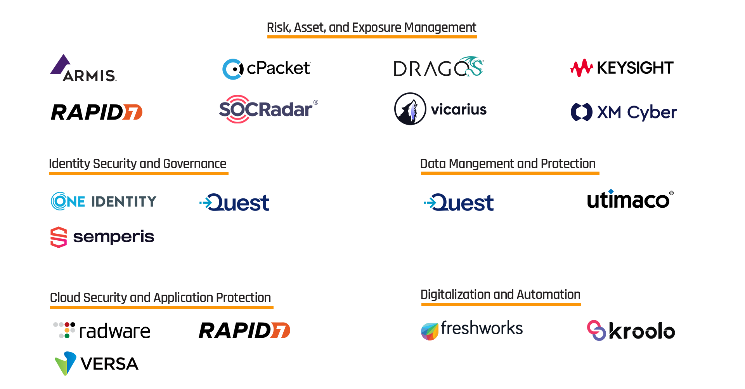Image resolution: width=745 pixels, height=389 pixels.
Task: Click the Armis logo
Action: [83, 69]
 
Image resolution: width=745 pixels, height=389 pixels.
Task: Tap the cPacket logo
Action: [267, 69]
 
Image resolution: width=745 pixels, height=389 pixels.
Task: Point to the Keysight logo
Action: [622, 68]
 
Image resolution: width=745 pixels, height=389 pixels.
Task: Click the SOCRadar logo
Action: [268, 109]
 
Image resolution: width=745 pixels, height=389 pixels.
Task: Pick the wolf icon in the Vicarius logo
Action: [410, 109]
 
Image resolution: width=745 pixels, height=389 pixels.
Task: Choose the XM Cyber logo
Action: [624, 112]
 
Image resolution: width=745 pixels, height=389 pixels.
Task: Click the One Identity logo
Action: [104, 201]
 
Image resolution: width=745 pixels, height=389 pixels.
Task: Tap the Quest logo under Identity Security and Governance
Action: [234, 202]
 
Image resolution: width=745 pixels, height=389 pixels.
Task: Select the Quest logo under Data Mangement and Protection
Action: [459, 202]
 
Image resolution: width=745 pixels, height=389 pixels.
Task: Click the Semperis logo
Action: [102, 237]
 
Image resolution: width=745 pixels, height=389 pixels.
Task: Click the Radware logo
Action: [102, 331]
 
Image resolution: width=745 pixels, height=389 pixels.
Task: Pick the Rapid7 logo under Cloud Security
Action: [244, 330]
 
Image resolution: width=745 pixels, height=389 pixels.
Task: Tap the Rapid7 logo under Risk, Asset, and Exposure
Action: [97, 112]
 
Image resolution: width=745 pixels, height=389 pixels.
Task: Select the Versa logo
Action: [97, 363]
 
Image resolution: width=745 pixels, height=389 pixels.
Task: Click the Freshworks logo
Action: [472, 330]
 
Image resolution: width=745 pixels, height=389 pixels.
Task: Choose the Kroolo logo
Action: [631, 331]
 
